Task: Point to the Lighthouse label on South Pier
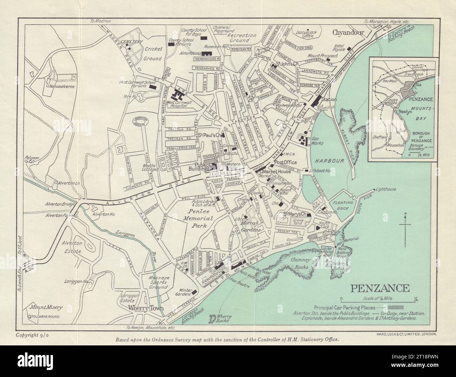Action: tap(385, 189)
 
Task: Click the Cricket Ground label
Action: tap(152, 54)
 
